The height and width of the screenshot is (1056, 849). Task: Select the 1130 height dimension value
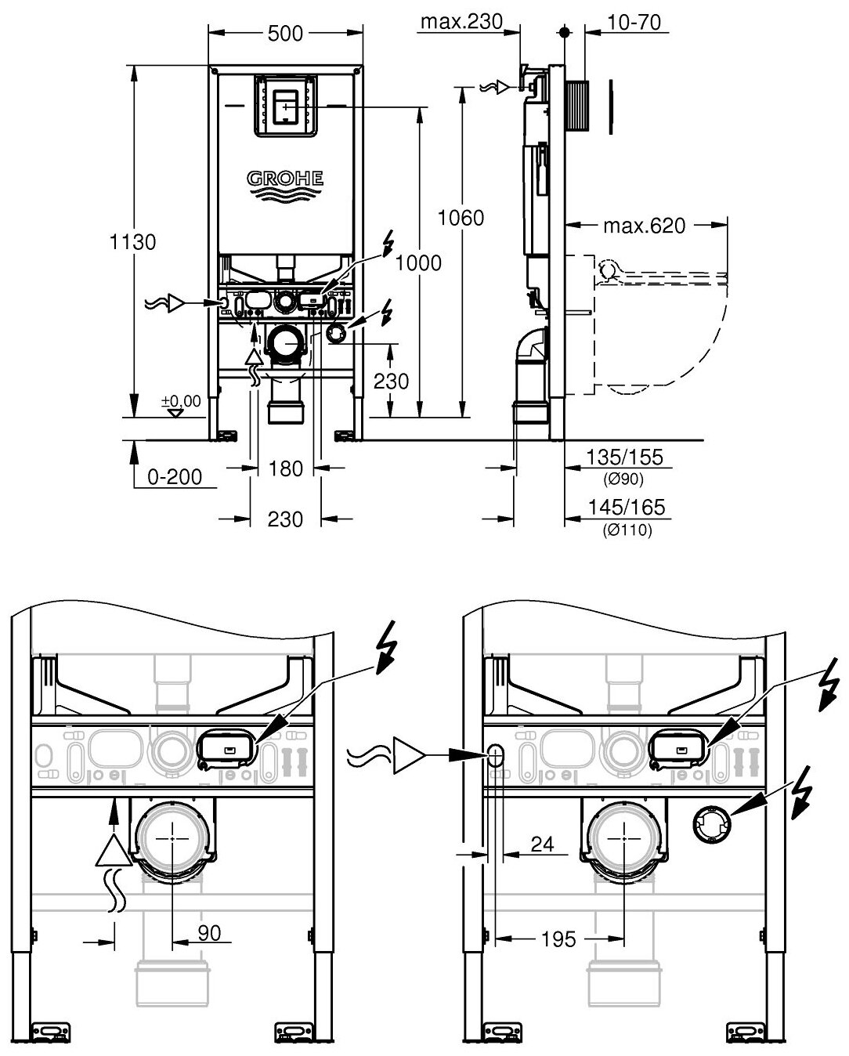(133, 242)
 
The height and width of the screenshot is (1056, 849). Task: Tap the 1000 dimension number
(419, 263)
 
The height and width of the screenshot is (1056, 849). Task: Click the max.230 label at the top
(461, 21)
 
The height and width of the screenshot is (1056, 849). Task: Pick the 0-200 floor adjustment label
(174, 476)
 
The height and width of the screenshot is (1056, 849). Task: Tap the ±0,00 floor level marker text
(181, 401)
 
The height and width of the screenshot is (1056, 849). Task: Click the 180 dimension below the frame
(285, 468)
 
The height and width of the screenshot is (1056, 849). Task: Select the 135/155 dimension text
(626, 457)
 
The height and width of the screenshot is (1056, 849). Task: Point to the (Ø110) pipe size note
(627, 530)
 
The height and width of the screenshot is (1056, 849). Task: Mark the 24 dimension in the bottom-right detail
(542, 844)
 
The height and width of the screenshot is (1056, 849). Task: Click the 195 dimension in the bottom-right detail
(558, 938)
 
